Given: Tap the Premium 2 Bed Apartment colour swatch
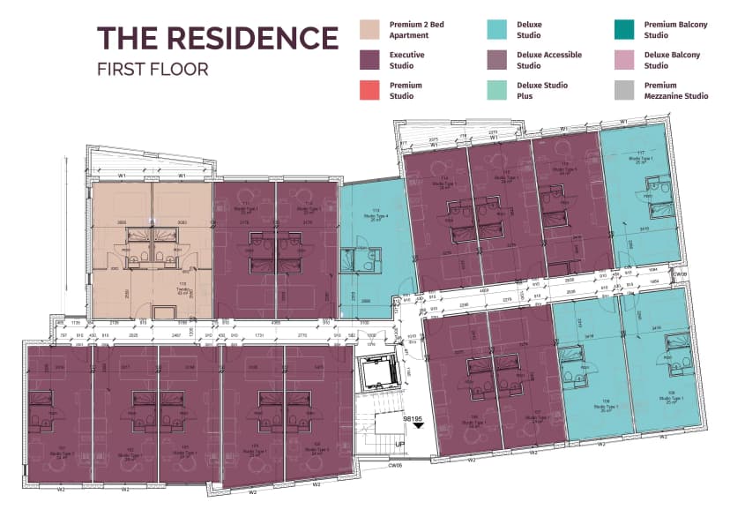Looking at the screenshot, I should tap(371, 30).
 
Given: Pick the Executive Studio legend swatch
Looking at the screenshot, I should tap(371, 60).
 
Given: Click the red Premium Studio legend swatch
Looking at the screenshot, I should tap(371, 90).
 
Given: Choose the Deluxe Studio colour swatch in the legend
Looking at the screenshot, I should tap(498, 30).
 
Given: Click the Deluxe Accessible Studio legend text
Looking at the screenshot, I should tap(549, 60).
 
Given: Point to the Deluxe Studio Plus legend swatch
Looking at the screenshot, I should tap(498, 90).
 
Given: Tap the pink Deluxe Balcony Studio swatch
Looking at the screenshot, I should tap(625, 60).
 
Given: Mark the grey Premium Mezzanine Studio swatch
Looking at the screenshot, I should tap(625, 90).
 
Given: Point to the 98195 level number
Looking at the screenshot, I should tap(415, 420).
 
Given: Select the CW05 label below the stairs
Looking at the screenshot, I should tap(396, 466).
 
